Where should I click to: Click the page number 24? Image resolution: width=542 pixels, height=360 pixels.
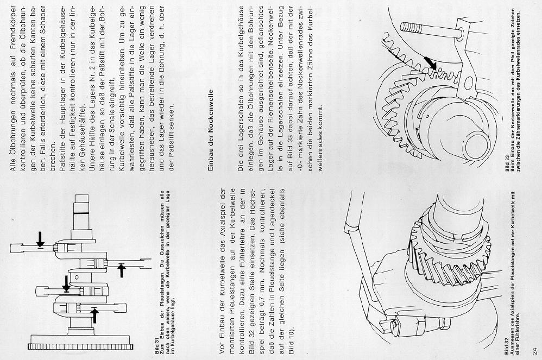point(535,349)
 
